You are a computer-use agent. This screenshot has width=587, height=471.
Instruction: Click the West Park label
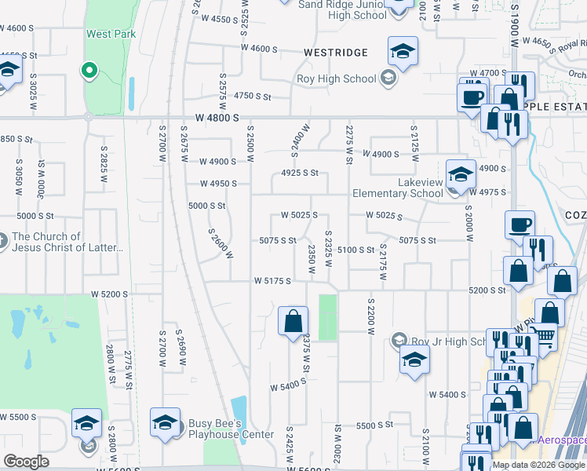point(111,34)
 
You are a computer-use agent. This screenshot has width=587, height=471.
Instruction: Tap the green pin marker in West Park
point(89,71)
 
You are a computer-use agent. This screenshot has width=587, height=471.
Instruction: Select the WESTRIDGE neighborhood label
point(336,53)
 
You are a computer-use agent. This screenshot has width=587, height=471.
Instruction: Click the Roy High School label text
point(336,78)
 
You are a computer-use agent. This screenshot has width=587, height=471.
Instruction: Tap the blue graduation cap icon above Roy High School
point(403,53)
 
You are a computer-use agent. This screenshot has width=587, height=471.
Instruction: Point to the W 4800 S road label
point(218,117)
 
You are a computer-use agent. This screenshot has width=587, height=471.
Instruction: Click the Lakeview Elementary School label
point(397,188)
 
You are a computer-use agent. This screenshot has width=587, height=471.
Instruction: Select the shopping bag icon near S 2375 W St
point(293,320)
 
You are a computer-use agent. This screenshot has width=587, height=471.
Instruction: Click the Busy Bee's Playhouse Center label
point(231,429)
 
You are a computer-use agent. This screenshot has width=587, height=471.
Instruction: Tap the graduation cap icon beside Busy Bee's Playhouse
point(165,423)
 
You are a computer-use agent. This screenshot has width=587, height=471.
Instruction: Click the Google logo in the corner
point(26,462)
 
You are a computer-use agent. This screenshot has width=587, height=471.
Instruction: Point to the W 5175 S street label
point(273,280)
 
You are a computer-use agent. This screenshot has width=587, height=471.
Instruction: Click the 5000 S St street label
point(207,206)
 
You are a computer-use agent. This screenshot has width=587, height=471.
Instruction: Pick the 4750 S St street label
point(252,97)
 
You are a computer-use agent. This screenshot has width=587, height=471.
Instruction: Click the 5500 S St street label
point(374,425)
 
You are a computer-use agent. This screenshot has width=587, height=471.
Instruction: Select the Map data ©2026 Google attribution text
point(538,465)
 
